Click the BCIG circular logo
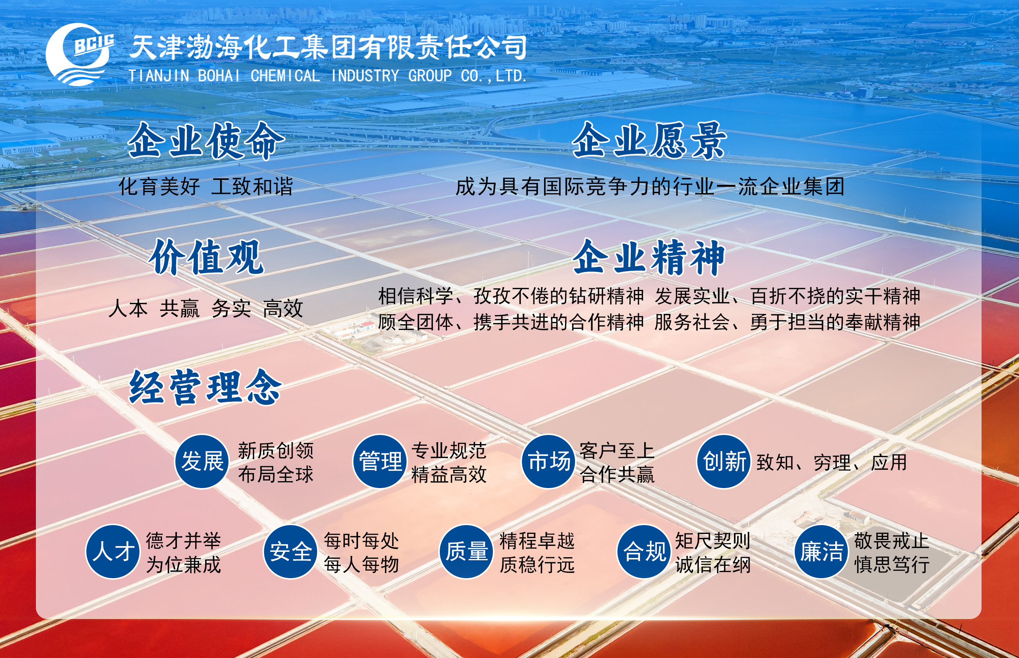79,55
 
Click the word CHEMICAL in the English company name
285,76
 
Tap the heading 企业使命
206,141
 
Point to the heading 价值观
206,257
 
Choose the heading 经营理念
206,388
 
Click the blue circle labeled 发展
202,461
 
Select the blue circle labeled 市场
549,461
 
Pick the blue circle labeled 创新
724,461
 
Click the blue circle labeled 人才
113,551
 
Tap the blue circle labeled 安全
290,551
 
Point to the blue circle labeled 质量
467,551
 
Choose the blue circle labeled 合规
644,551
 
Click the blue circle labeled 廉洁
821,551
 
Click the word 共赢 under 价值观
180,309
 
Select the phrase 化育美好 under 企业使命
159,187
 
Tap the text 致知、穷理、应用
831,463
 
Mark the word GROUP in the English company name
429,76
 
